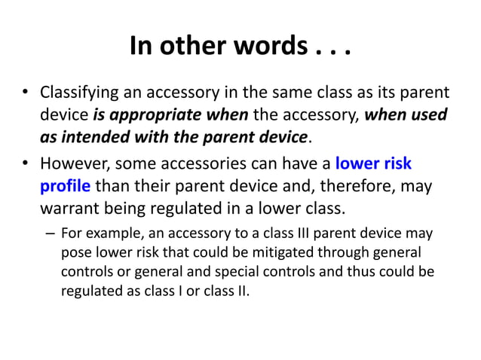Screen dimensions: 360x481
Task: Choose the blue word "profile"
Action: point(65,185)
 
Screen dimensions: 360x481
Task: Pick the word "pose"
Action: point(75,252)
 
